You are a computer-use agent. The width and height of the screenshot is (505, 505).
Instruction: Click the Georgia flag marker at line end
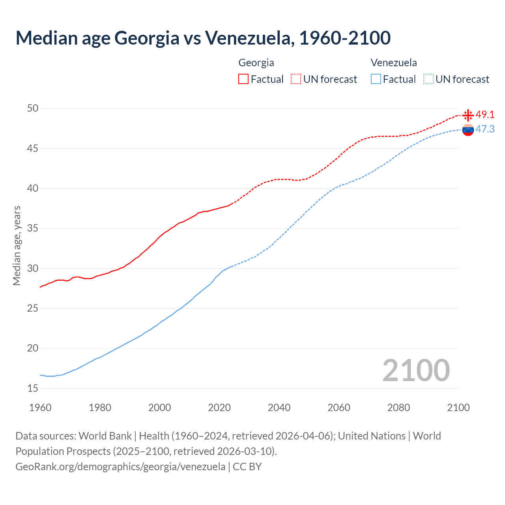coord(468,115)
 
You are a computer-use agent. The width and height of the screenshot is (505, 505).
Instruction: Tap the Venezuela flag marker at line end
coord(468,130)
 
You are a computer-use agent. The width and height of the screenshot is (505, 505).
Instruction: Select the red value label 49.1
coord(485,114)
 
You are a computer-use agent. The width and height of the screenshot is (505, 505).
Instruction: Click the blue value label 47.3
coord(485,129)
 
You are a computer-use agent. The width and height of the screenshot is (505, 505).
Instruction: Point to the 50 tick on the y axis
coord(33,108)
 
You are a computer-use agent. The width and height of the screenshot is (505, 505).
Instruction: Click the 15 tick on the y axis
coord(33,388)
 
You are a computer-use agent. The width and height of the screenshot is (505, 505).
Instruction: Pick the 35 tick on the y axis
coord(33,228)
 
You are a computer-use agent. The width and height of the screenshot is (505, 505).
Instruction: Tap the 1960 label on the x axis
coord(40,408)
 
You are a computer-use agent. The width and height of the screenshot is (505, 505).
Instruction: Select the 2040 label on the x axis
coord(279,408)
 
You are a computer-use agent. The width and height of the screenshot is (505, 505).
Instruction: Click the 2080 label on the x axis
coord(398,408)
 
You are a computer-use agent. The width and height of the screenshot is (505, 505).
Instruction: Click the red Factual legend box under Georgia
coord(243,79)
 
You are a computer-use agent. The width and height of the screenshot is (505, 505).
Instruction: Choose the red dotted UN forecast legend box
coord(296,79)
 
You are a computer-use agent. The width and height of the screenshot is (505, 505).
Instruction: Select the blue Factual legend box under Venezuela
coord(376,79)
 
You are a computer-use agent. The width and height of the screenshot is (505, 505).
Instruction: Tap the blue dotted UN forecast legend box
coord(428,79)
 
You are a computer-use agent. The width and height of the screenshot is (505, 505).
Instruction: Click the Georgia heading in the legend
coord(256,63)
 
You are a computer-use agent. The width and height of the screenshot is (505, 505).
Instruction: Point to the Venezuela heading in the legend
coord(394,63)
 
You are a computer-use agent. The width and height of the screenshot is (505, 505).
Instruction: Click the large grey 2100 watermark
coord(416,370)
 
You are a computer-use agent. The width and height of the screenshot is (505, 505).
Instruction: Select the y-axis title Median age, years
coord(17,245)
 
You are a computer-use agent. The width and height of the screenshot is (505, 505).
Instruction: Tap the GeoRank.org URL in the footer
coord(120,466)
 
